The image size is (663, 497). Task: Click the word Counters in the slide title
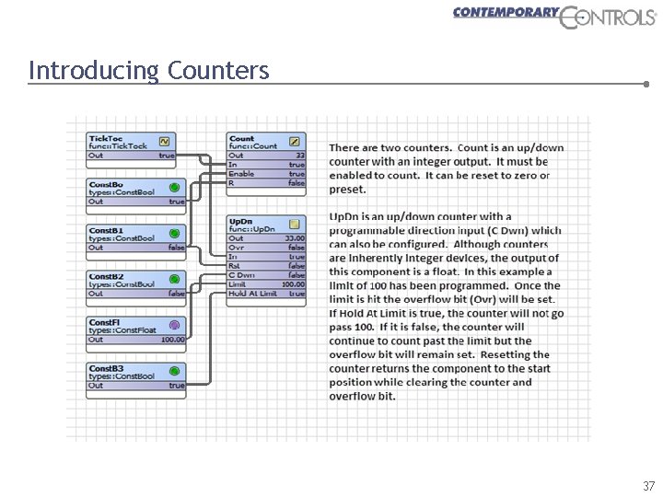pyautogui.click(x=219, y=70)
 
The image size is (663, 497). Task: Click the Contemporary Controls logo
pyautogui.click(x=553, y=16)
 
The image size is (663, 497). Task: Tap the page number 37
pyautogui.click(x=648, y=485)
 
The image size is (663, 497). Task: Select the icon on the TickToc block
pyautogui.click(x=165, y=142)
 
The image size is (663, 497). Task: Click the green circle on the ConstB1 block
pyautogui.click(x=174, y=234)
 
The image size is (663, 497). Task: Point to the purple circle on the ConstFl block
pyautogui.click(x=174, y=325)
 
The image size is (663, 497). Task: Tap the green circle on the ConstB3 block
pyautogui.click(x=174, y=372)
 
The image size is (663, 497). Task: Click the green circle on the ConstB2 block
pyautogui.click(x=174, y=280)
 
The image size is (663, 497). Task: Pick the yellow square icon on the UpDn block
pyautogui.click(x=294, y=224)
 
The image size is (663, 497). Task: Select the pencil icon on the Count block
pyautogui.click(x=294, y=142)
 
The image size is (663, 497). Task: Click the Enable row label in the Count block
pyautogui.click(x=241, y=174)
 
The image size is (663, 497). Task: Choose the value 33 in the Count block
pyautogui.click(x=299, y=156)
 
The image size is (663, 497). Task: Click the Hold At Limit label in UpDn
pyautogui.click(x=253, y=294)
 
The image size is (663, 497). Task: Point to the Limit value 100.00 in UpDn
pyautogui.click(x=293, y=284)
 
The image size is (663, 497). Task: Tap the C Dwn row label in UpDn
pyautogui.click(x=242, y=275)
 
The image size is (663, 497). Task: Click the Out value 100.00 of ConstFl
pyautogui.click(x=172, y=340)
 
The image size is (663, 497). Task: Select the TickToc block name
pyautogui.click(x=106, y=138)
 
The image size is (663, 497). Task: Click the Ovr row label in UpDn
pyautogui.click(x=236, y=248)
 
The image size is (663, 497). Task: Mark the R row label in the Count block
pyautogui.click(x=231, y=183)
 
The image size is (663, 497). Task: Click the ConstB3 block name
pyautogui.click(x=106, y=368)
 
